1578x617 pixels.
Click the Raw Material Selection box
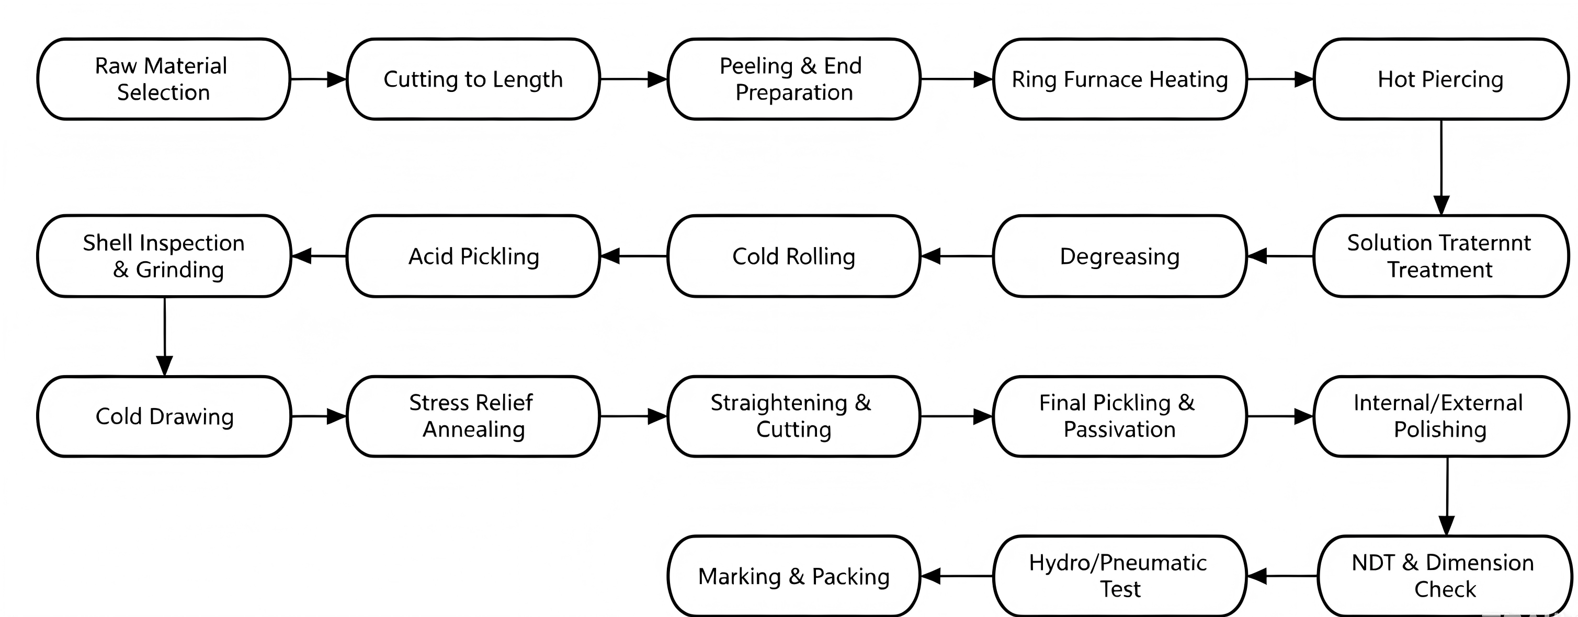[x=164, y=79]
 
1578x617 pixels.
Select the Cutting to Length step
[x=473, y=79]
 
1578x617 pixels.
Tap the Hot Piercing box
[x=1441, y=79]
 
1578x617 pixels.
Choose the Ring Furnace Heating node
[x=1120, y=79]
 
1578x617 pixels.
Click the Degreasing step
[x=1120, y=256]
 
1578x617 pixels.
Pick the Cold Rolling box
[x=794, y=256]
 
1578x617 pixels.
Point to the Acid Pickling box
[x=473, y=256]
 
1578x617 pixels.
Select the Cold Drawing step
[x=164, y=416]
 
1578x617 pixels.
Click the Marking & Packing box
[x=794, y=576]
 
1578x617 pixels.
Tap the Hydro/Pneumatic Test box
[x=1120, y=576]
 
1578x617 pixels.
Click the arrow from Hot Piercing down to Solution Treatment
[x=1441, y=167]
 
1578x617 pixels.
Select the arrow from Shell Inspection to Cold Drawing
[x=164, y=336]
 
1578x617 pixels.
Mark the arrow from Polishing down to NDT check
[x=1447, y=496]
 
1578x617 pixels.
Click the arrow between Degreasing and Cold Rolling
[x=957, y=256]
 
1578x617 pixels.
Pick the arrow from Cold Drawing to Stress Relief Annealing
[x=319, y=416]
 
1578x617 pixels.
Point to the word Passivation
[x=1120, y=429]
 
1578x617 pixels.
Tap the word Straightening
[x=779, y=403]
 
